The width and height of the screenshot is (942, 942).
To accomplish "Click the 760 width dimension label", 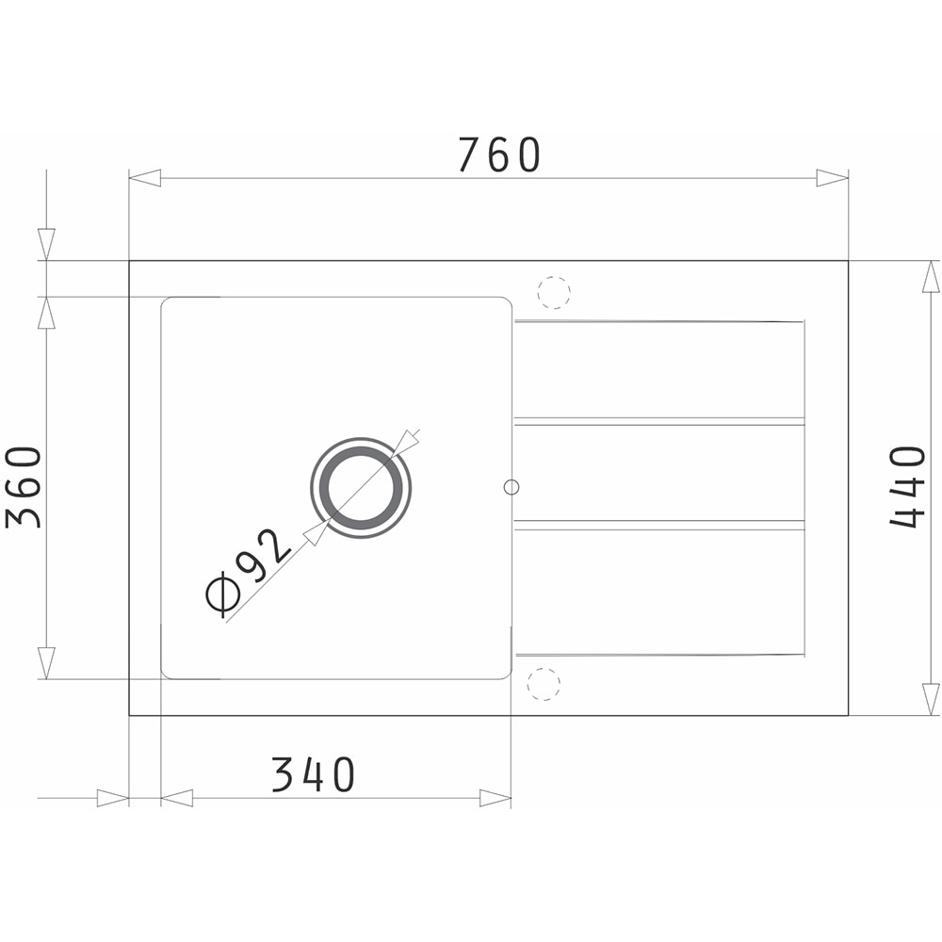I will click(x=499, y=155).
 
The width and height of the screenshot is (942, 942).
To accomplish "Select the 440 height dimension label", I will click(x=908, y=487).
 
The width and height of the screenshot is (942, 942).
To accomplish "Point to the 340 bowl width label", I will click(x=313, y=774).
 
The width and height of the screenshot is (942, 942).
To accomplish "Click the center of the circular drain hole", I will click(x=361, y=488).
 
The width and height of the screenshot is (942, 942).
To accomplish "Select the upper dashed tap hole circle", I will click(x=554, y=292).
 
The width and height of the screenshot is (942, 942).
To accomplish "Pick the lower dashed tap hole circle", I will click(x=544, y=684).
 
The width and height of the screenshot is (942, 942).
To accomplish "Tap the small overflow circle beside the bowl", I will click(x=512, y=487).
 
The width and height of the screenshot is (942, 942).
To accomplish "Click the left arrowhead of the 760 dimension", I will click(x=145, y=178).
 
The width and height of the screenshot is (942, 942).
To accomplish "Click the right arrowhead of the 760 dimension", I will click(x=832, y=178).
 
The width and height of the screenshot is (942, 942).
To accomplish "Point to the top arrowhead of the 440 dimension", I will click(x=931, y=277).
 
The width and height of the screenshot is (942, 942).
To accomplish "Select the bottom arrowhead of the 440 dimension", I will click(x=931, y=698).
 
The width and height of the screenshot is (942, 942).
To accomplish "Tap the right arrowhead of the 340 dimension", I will click(x=495, y=799).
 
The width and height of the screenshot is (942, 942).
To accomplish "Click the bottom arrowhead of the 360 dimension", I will click(x=46, y=662).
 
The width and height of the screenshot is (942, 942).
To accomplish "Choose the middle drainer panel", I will click(x=659, y=472).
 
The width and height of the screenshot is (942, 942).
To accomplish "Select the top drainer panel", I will click(x=659, y=369).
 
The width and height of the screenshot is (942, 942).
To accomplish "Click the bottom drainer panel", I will click(x=659, y=589).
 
